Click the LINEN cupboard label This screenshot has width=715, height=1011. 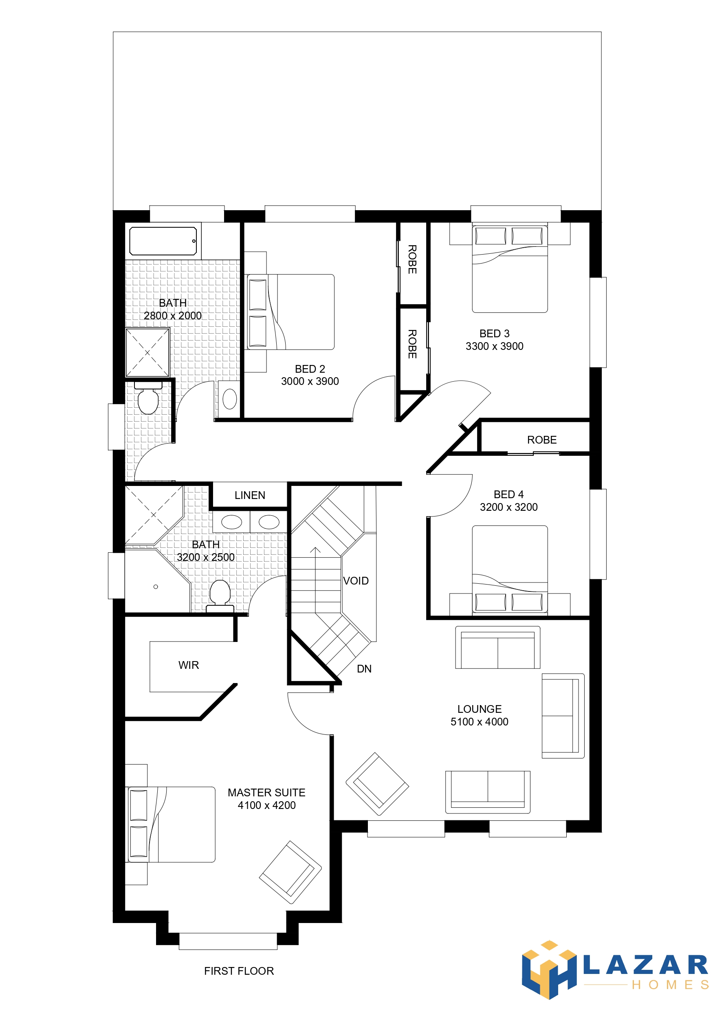(x=250, y=495)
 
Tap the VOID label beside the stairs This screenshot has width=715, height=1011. (x=356, y=581)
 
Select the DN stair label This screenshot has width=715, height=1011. (x=364, y=669)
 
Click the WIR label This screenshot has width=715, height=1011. (x=189, y=665)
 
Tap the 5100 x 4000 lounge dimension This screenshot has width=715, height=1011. (x=479, y=722)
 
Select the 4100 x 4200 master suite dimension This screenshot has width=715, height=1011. (x=266, y=805)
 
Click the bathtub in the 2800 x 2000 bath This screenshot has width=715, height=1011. (x=163, y=241)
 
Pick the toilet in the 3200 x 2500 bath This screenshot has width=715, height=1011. (x=220, y=596)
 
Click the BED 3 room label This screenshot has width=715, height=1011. (x=494, y=333)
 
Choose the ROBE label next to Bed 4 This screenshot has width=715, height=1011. (x=542, y=440)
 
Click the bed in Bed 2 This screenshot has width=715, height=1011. (x=290, y=312)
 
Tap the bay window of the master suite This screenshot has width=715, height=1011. (x=228, y=941)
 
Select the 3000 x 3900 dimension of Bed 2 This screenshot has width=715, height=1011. (x=310, y=381)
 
